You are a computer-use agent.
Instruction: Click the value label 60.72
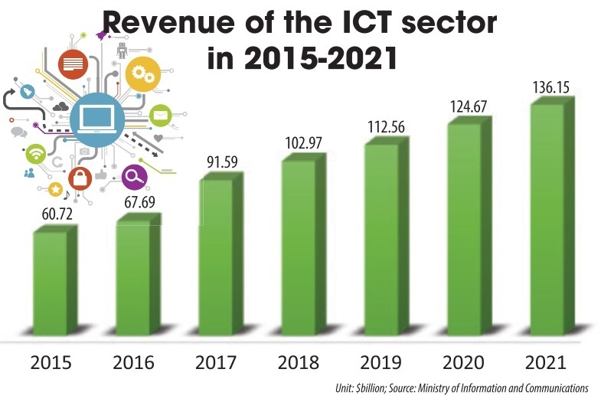pos(52,211)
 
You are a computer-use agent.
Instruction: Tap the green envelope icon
pos(161,116)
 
